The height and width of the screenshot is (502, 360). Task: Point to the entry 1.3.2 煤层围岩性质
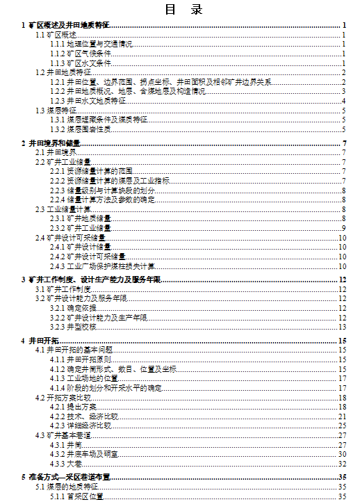[81, 129]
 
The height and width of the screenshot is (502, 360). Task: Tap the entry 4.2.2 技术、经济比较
[89, 416]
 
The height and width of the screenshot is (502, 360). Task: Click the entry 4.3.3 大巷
[67, 463]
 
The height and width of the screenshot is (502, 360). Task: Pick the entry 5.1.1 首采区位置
[76, 496]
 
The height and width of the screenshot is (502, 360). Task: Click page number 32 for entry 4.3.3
[342, 463]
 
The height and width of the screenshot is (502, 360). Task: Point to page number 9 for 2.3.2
[344, 228]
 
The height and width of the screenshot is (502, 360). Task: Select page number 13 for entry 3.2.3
[342, 326]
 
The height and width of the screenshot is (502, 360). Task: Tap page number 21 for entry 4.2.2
[342, 416]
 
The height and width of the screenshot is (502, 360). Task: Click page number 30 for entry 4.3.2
[342, 453]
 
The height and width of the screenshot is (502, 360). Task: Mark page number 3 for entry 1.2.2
[344, 91]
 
